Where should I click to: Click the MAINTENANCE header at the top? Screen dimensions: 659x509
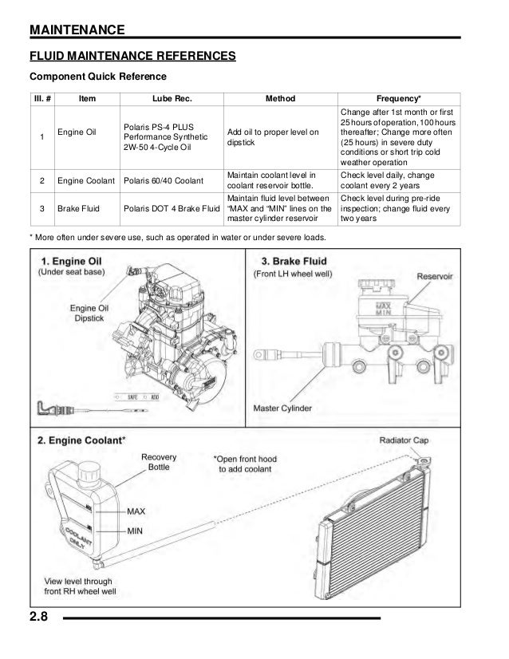click(77, 30)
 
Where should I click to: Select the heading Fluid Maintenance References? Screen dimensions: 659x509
click(132, 57)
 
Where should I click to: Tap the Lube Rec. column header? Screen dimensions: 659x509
click(172, 99)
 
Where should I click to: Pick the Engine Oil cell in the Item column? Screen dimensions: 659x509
click(77, 132)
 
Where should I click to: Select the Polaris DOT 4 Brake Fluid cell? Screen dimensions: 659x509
click(172, 209)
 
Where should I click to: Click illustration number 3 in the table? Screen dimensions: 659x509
click(41, 209)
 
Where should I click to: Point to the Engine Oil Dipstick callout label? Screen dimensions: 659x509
click(89, 313)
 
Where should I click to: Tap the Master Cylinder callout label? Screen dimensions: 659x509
click(282, 409)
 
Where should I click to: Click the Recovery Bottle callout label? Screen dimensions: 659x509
click(158, 463)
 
